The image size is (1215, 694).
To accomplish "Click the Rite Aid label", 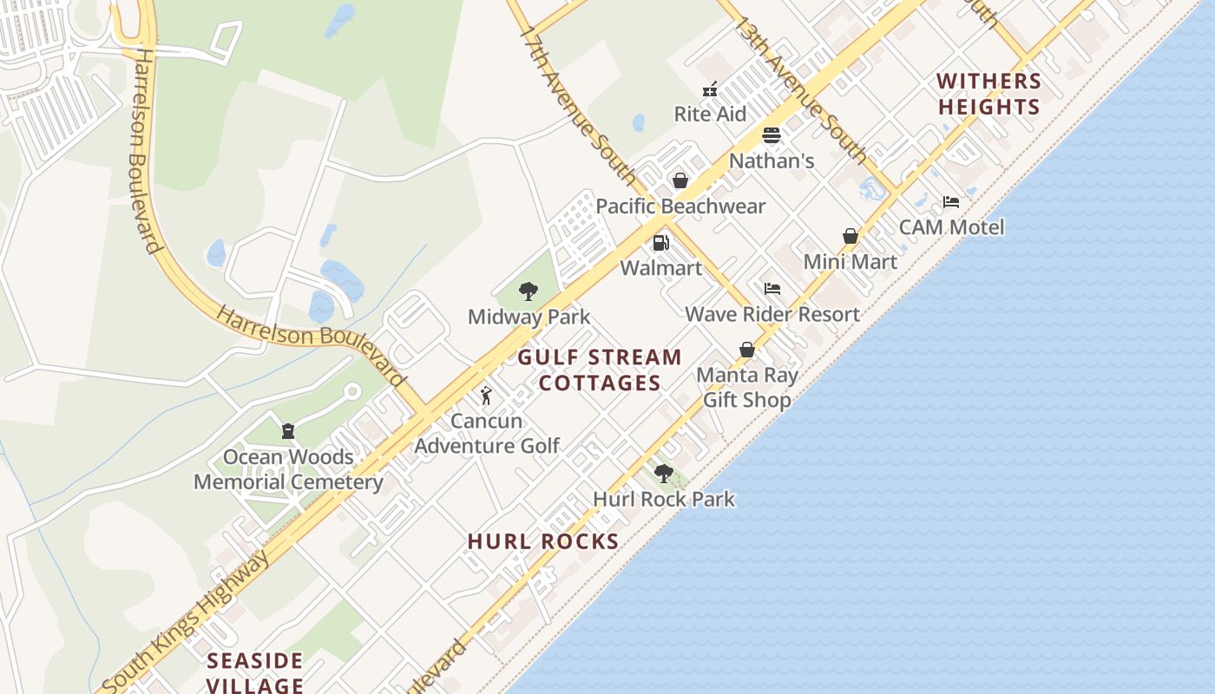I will [710, 114].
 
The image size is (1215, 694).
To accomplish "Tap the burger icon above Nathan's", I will [772, 135].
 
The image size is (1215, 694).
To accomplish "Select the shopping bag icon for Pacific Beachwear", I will [680, 180].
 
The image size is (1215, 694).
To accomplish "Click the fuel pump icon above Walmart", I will [661, 243].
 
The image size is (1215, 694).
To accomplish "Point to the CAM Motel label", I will [951, 227].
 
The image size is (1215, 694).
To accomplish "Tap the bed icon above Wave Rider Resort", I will [772, 289].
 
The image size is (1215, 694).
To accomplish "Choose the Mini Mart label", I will [850, 261].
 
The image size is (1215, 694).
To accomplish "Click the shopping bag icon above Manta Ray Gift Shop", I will [746, 350].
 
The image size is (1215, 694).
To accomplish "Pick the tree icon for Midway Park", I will [528, 291].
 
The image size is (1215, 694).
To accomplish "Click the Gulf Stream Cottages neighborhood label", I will [600, 370].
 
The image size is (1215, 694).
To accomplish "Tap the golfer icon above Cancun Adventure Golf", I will [486, 396].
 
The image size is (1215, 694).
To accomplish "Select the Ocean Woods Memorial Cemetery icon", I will [288, 431].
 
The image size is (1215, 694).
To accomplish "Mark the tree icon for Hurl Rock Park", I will [664, 474].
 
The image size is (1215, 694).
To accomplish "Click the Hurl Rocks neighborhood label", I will [543, 541].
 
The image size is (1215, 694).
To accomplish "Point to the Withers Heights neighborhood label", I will [988, 94].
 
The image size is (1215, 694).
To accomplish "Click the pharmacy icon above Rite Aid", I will [710, 88].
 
